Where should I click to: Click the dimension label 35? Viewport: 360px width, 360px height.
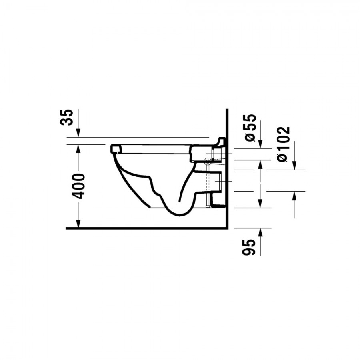(x=66, y=117)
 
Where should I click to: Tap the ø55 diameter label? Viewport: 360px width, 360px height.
(x=250, y=128)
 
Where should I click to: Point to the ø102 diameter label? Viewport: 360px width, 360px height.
(x=283, y=144)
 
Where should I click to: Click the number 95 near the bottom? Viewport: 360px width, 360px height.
(x=249, y=247)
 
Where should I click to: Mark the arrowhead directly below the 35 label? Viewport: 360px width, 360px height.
(x=78, y=133)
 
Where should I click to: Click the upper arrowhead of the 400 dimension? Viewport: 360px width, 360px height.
(x=78, y=149)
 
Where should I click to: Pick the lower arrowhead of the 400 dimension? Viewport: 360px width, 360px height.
(x=78, y=224)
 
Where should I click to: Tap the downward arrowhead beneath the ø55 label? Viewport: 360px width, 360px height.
(x=260, y=144)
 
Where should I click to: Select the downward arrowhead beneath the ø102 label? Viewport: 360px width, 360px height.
(x=294, y=166)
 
